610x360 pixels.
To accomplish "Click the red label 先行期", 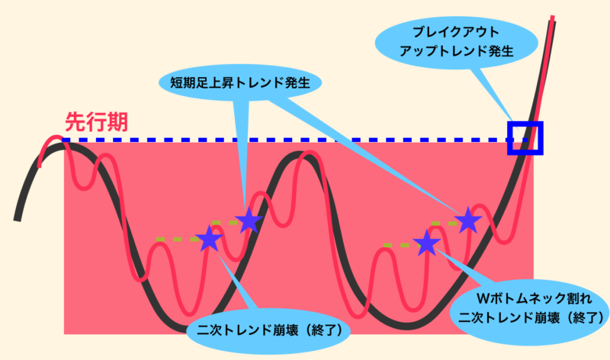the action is click(x=96, y=122).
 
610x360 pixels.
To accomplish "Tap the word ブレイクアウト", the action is click(x=456, y=32).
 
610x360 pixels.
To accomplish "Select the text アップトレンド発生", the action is click(x=456, y=51).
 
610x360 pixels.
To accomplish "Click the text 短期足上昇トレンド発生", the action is click(x=240, y=82).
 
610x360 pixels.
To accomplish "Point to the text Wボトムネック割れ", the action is click(x=535, y=298).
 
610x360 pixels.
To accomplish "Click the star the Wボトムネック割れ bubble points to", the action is click(x=427, y=243).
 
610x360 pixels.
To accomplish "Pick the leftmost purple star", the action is click(x=209, y=238).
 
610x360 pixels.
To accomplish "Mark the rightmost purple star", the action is click(x=468, y=220).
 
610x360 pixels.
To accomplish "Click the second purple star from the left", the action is click(x=249, y=220).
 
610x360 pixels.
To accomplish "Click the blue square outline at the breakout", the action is click(x=525, y=123).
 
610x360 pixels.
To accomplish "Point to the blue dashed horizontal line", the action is click(x=294, y=140).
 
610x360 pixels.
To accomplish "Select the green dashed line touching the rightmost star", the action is click(x=444, y=223).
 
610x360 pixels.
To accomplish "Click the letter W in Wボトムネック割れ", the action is click(x=483, y=298).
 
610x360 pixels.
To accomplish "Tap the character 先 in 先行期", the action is click(x=75, y=122).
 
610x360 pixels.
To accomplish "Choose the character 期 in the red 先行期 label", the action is click(x=117, y=122).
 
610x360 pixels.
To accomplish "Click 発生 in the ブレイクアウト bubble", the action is click(x=499, y=51).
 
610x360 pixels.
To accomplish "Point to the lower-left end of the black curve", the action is click(x=17, y=220).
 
